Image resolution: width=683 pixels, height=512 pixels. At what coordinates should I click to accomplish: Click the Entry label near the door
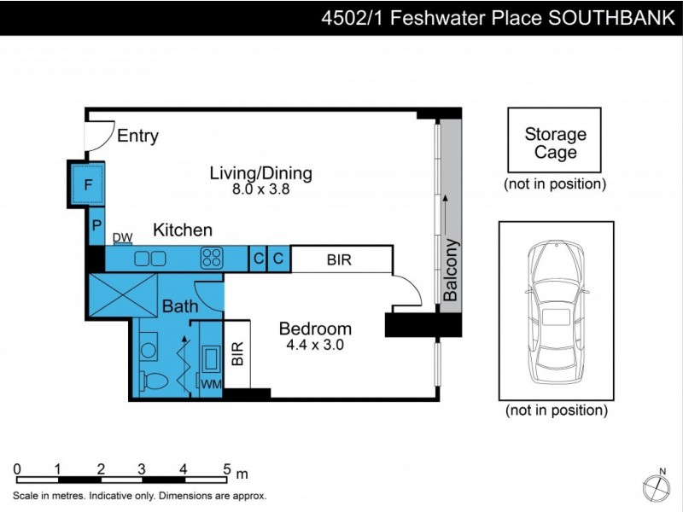pos(137,136)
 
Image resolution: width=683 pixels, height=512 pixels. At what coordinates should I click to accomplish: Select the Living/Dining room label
pos(261,173)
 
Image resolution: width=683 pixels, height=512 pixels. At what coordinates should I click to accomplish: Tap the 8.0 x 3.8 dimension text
pos(261,190)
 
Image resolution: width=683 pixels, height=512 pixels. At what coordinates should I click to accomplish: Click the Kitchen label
pos(183,230)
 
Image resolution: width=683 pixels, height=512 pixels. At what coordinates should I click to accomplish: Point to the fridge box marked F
pos(87,184)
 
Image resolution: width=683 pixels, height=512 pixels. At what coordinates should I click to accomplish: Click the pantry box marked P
pos(96,228)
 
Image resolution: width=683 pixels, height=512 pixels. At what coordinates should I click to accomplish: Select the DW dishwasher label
pos(122,238)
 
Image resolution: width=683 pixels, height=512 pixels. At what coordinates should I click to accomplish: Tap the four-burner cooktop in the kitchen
pos(212,258)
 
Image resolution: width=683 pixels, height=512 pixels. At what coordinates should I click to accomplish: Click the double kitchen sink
pos(150,258)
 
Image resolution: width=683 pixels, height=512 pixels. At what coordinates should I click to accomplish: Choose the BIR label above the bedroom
pos(339,259)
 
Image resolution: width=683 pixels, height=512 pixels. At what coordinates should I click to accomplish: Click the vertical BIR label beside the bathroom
pos(237,354)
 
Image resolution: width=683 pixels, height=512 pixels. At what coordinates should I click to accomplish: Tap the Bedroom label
pos(316,329)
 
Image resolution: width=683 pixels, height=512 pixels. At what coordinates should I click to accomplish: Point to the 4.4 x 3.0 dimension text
pos(316,346)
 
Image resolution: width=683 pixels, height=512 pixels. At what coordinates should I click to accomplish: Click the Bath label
pos(180,306)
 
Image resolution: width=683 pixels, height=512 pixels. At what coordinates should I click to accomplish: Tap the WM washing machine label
pos(209,385)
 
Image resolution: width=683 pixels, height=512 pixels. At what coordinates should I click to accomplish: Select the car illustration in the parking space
pos(555,311)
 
